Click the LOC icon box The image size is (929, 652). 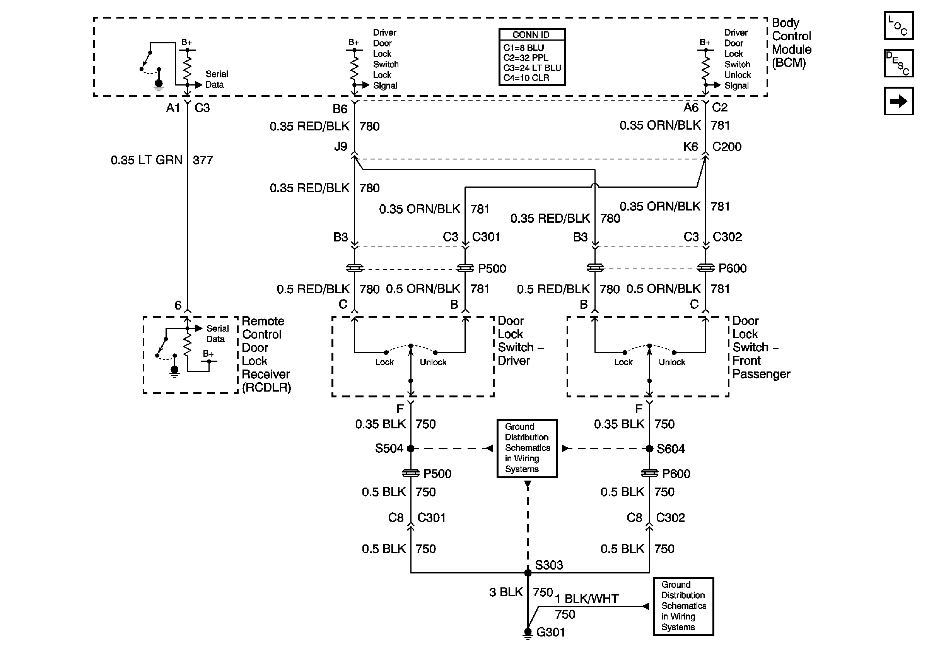[898, 26]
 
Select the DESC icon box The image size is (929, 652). [898, 63]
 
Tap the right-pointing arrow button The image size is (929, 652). [898, 101]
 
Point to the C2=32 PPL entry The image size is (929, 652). [526, 58]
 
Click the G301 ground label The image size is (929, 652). [551, 632]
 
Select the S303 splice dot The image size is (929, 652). [528, 573]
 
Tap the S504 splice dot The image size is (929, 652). [411, 448]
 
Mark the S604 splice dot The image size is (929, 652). [649, 448]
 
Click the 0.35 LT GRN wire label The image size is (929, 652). [147, 160]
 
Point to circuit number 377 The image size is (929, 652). [203, 160]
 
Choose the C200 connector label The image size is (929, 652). [727, 147]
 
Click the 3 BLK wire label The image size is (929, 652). [506, 592]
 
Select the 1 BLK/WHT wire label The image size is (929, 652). [587, 599]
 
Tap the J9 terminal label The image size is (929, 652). [341, 146]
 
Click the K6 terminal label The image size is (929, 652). [691, 147]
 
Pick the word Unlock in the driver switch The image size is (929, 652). [433, 362]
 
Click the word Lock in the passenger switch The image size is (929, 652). [623, 362]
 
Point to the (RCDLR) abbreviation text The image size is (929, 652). [266, 387]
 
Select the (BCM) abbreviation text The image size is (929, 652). [789, 63]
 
